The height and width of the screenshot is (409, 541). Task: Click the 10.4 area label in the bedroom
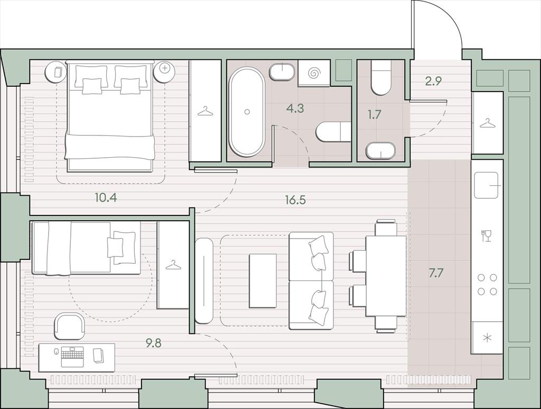[106, 198]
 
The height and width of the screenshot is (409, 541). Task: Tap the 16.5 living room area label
[295, 200]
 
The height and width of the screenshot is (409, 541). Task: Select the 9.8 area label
[153, 343]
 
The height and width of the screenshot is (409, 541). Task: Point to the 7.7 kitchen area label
[435, 273]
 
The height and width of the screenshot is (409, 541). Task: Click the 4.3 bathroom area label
[295, 108]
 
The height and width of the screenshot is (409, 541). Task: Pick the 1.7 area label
[374, 114]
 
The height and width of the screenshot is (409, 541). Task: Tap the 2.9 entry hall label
[433, 81]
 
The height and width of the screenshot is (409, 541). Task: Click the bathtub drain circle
[247, 112]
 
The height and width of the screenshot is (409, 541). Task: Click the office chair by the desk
[69, 326]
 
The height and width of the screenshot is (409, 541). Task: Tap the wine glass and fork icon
[486, 235]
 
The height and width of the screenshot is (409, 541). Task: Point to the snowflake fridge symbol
[487, 338]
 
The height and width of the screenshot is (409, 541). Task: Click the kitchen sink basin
[487, 186]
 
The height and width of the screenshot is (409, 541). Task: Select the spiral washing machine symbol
[315, 73]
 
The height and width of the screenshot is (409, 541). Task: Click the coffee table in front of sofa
[263, 281]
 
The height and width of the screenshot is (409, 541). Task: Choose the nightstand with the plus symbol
[165, 72]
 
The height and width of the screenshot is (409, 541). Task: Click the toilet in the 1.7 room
[381, 77]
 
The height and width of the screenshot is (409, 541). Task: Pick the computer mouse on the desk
[55, 352]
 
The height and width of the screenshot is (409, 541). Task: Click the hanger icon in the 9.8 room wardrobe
[173, 265]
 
